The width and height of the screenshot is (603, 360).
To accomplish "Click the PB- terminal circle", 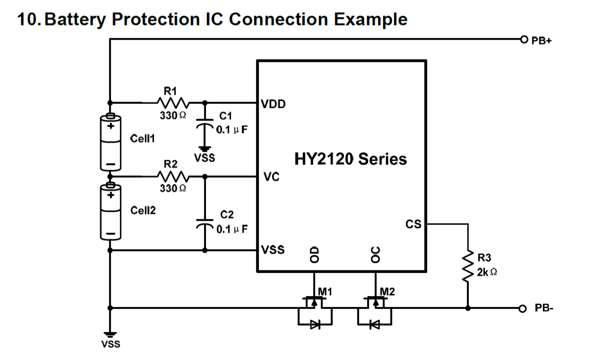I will click(522, 309).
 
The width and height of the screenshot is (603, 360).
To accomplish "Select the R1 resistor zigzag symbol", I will click(173, 102).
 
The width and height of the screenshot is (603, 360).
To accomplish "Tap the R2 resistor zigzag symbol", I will click(173, 177).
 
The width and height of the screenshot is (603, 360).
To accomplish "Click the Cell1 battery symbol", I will click(111, 142).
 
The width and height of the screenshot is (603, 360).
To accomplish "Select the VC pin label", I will click(271, 178).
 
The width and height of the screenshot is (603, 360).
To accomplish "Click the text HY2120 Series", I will click(350, 159).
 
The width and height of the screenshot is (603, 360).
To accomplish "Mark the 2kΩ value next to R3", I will click(487, 273).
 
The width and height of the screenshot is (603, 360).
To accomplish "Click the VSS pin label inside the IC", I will click(274, 250).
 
